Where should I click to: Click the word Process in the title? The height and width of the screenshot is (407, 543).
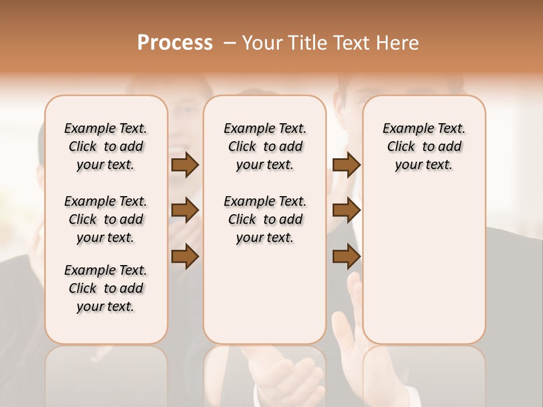point(175,43)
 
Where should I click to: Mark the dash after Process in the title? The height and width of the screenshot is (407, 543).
point(230,43)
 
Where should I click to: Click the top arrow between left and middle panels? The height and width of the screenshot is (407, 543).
point(185,164)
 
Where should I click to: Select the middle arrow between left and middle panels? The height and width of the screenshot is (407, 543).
point(185,210)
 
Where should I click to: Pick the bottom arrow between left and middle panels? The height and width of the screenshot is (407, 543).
point(185,256)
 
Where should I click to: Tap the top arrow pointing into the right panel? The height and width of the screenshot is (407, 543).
point(346,164)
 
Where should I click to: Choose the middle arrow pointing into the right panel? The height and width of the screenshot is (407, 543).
point(346,210)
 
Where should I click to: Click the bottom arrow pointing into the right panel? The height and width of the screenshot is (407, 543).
point(346,256)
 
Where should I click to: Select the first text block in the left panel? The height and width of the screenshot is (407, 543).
point(106,146)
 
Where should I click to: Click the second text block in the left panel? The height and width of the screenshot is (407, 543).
point(106,219)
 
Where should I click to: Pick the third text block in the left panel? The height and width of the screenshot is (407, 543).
point(106,288)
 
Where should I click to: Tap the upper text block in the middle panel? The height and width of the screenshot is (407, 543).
point(265,146)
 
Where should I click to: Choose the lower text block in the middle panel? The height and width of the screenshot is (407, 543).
point(265,219)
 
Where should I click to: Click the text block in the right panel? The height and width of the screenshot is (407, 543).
point(424,146)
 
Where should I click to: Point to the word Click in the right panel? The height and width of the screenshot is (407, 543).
point(401,146)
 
